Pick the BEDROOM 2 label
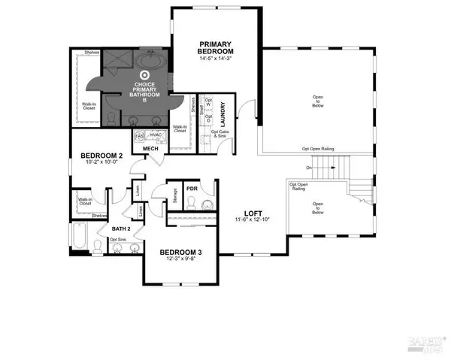95,157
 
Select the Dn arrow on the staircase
310,167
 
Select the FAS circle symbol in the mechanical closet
140,136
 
